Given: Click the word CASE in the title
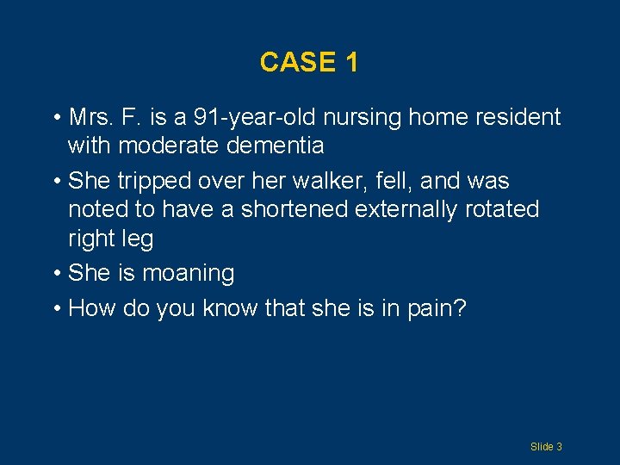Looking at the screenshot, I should pos(292,62).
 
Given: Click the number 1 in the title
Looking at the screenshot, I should pos(350,62).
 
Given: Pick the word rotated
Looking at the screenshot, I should pos(500,209).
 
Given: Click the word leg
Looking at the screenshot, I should pos(137,239).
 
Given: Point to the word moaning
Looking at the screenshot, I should pos(189,274).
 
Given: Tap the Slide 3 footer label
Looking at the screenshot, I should pos(546,446).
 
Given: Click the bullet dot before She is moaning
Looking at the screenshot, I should pos(56,274).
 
